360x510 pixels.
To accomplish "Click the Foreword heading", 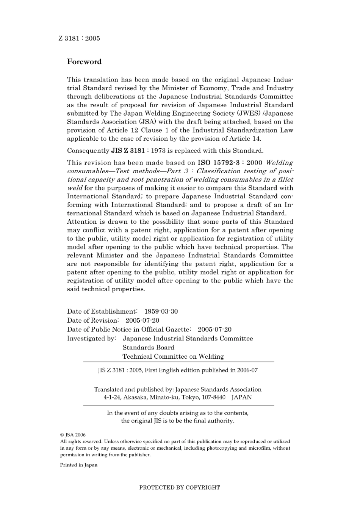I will click(84, 62).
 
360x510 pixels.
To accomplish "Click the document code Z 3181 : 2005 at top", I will click(79, 38).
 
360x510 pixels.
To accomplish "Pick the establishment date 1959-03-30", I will click(161, 312).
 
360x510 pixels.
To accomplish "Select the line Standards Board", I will click(148, 347).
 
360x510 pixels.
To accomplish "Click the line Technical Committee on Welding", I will click(173, 356).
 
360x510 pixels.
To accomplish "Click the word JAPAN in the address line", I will click(241, 397).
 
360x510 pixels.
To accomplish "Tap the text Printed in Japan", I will click(78, 465).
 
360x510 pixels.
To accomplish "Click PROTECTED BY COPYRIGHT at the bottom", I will click(180, 488).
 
